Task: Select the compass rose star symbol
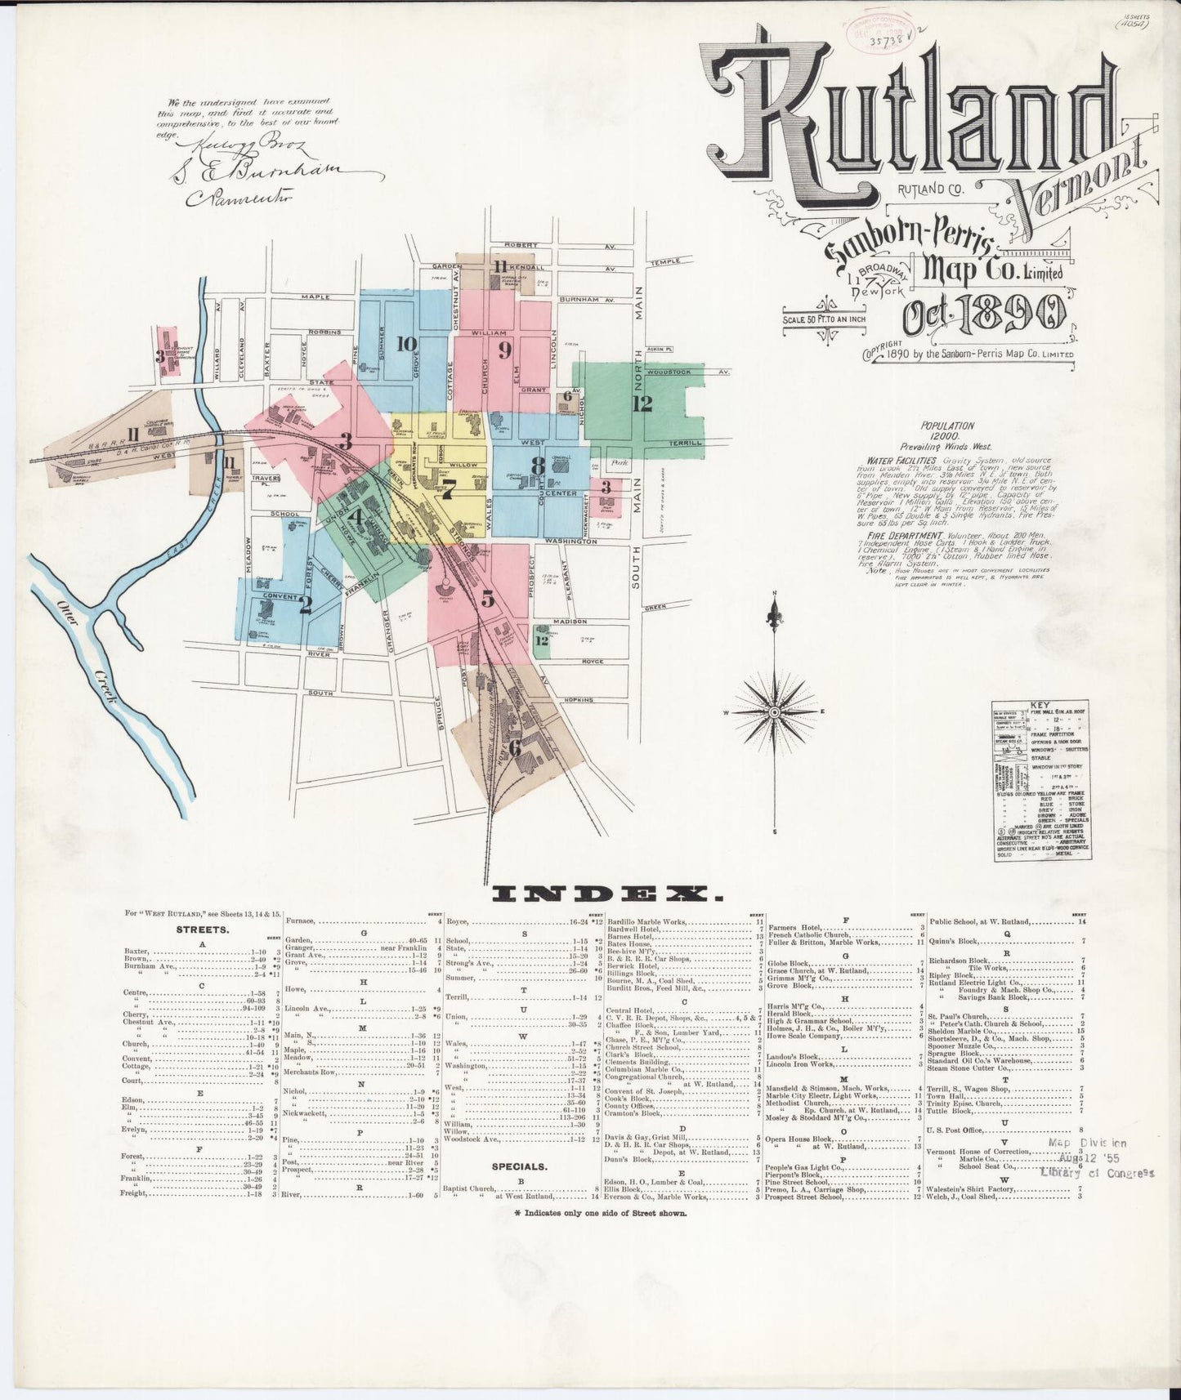click(x=774, y=713)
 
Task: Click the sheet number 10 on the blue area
click(x=406, y=344)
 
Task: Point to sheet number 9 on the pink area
click(x=504, y=350)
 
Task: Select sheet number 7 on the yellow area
click(x=447, y=493)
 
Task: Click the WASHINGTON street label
click(x=566, y=542)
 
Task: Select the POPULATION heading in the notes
click(x=946, y=426)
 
